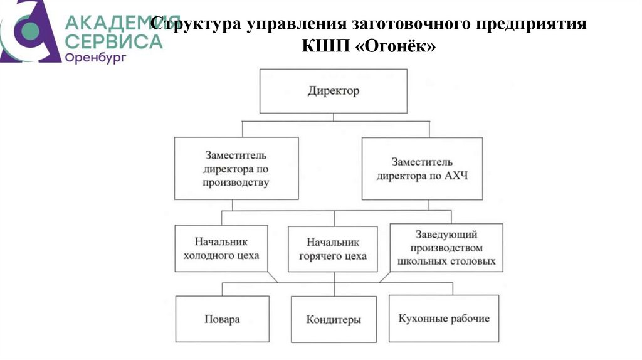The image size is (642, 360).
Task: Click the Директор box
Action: coord(333,91)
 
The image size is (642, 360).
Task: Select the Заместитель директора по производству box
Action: coord(236,169)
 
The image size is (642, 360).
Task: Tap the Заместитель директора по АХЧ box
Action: coord(422,169)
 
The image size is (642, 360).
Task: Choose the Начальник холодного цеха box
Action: coord(221,248)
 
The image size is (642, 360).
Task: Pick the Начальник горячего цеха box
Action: coord(333,249)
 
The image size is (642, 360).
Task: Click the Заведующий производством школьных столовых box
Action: coord(446,248)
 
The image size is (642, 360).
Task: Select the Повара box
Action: coord(222,319)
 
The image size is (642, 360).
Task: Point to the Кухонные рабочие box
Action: coord(443,319)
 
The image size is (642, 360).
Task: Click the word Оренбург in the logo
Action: coord(95,58)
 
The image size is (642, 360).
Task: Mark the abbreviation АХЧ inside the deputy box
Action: coord(454,176)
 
